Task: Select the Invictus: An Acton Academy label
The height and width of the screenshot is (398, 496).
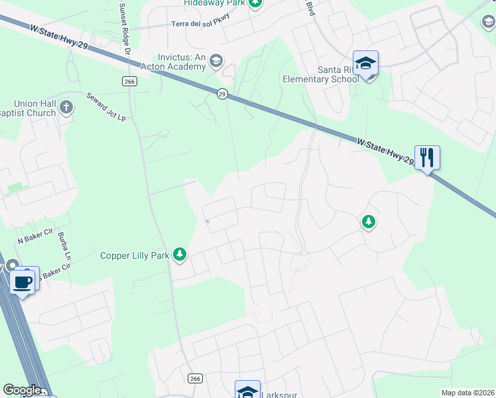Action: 172,62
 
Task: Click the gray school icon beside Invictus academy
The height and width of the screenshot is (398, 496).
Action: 216,62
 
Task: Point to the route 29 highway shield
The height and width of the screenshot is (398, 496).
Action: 222,94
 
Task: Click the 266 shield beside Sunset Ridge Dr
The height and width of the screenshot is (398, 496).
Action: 129,81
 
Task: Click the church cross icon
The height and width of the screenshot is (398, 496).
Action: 65,106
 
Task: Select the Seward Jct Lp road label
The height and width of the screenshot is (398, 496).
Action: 106,106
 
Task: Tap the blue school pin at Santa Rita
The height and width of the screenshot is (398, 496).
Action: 365,64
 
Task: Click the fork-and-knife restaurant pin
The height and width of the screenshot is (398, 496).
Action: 427,158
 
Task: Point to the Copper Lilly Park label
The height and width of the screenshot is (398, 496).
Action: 135,255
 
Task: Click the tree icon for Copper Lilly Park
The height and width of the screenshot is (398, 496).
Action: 179,254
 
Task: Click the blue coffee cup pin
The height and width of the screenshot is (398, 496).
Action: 24,281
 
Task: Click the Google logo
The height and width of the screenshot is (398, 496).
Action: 22,390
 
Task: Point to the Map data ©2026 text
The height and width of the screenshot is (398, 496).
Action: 467,393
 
